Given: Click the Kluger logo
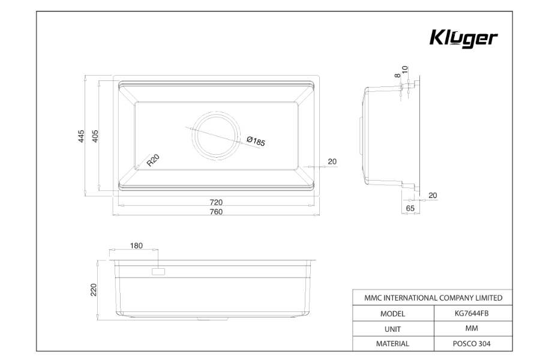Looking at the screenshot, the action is (463, 38).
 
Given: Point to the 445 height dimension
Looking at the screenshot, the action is (81, 136).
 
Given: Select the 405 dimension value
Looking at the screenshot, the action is (95, 136).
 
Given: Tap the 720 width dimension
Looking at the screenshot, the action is (216, 202).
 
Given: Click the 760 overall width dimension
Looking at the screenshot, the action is (216, 212).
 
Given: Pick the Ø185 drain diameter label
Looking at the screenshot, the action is (256, 141).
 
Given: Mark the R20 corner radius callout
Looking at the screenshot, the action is (153, 161).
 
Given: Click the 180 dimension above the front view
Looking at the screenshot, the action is (136, 245).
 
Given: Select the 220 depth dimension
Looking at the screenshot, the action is (94, 290).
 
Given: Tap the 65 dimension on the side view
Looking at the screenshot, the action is (410, 208).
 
